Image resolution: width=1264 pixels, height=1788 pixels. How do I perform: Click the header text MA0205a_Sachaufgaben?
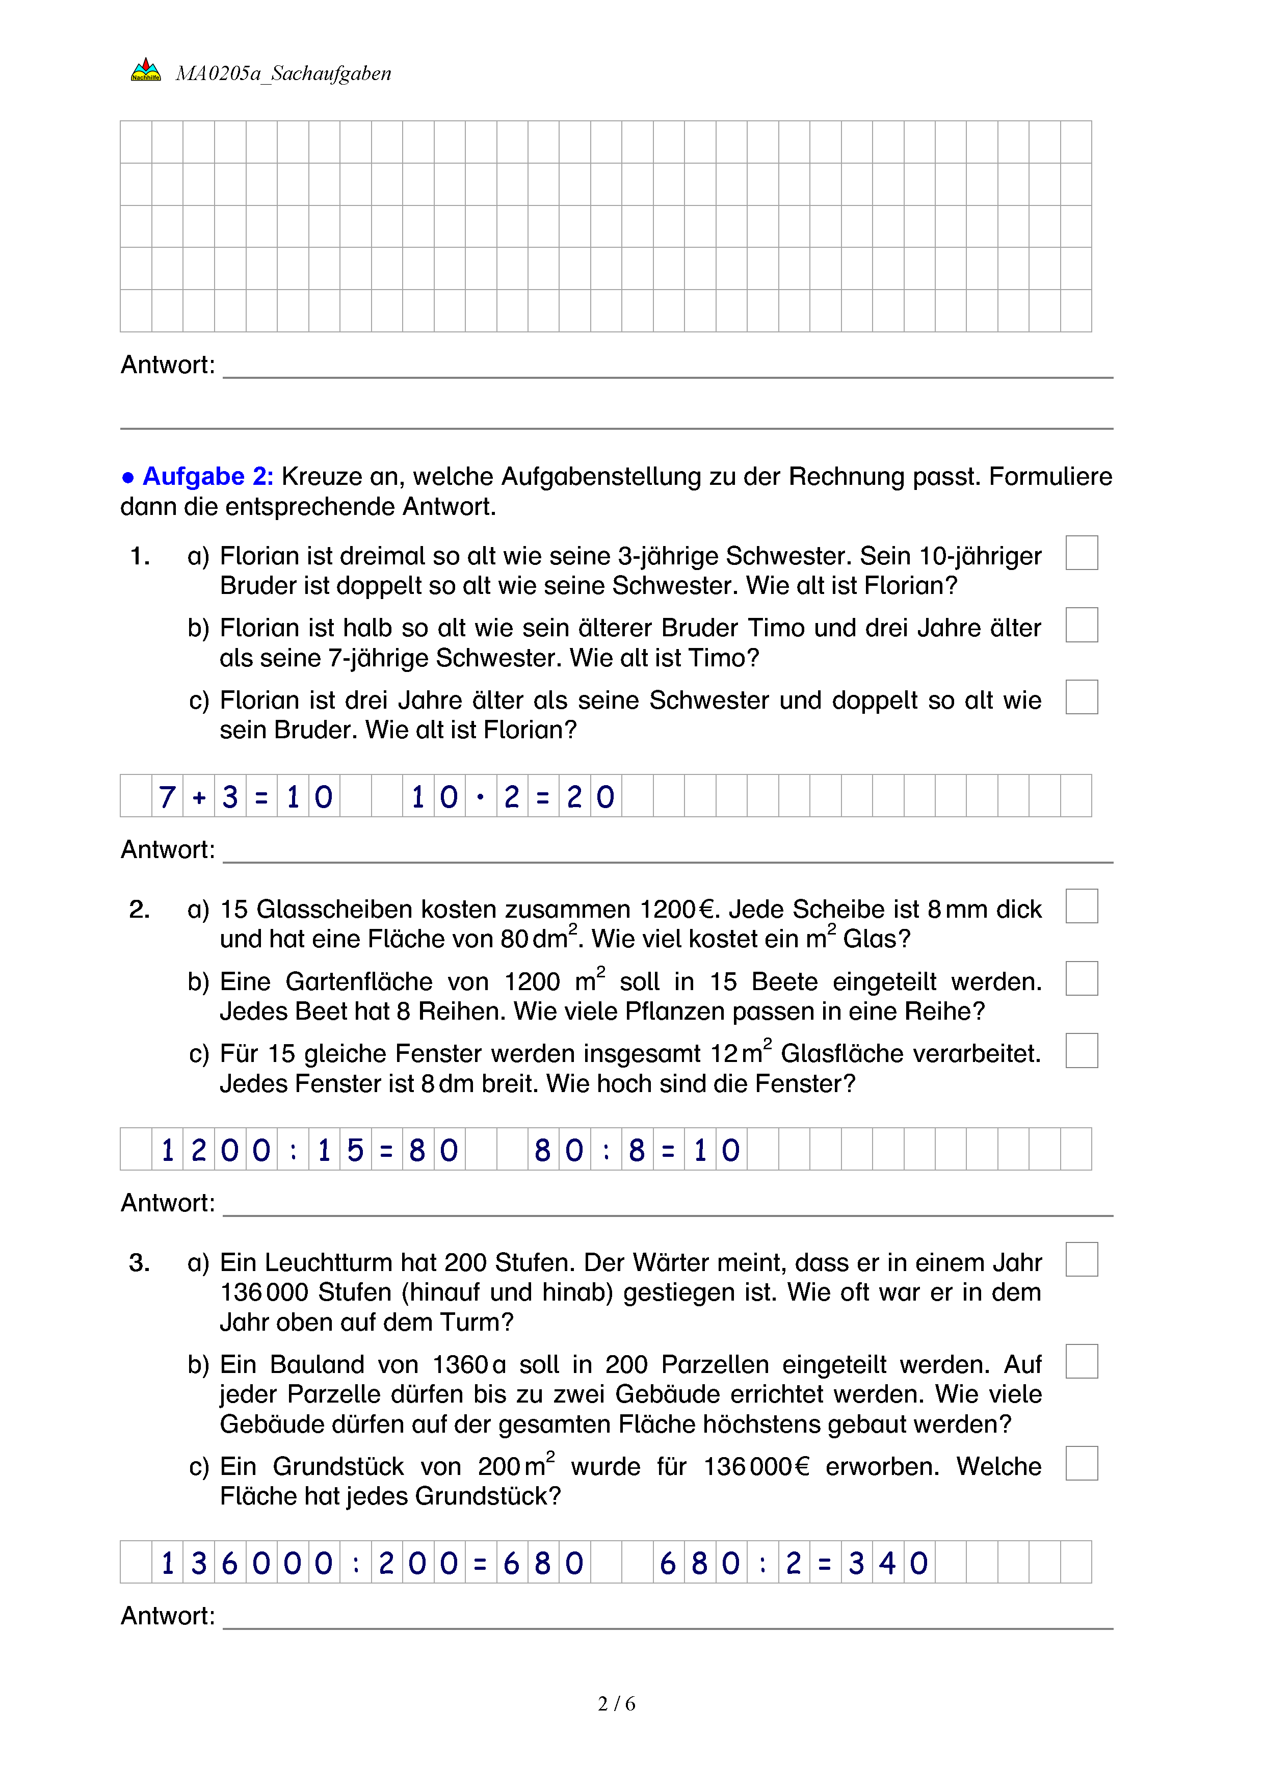coord(283,73)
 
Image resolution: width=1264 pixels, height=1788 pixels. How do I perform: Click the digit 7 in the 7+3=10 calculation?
coord(167,797)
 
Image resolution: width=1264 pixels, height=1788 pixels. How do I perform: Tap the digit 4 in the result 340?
coord(887,1563)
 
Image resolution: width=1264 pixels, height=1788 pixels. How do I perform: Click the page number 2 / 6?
coord(616,1704)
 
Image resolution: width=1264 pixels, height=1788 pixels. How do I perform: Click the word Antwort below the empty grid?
coord(167,365)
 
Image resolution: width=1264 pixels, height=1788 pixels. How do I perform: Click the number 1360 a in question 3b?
coord(468,1364)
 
